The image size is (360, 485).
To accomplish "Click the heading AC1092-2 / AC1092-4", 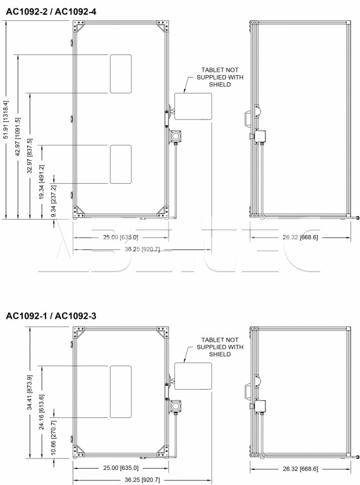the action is pyautogui.click(x=51, y=11).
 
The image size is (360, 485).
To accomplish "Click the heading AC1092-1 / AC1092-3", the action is pyautogui.click(x=51, y=316).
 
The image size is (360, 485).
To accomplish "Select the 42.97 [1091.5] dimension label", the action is pyautogui.click(x=18, y=136).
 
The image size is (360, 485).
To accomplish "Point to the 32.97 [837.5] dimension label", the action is pyautogui.click(x=30, y=155).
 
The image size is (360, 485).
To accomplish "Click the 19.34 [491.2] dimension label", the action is pyautogui.click(x=42, y=182).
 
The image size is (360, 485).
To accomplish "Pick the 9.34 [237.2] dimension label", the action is pyautogui.click(x=54, y=201).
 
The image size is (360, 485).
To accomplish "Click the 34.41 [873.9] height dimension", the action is pyautogui.click(x=30, y=393).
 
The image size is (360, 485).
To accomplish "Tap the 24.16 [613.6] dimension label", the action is pyautogui.click(x=42, y=412).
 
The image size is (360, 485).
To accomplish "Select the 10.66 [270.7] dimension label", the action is pyautogui.click(x=54, y=438).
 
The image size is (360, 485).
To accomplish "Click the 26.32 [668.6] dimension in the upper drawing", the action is pyautogui.click(x=300, y=237).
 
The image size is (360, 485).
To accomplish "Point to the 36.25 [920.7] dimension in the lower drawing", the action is pyautogui.click(x=142, y=480).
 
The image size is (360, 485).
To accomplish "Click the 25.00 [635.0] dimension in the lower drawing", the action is pyautogui.click(x=121, y=468).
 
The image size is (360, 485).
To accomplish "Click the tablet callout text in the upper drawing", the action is pyautogui.click(x=220, y=77).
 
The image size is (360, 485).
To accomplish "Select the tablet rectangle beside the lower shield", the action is pyautogui.click(x=193, y=376).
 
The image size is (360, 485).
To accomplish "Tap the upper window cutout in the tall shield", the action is pyautogui.click(x=121, y=74).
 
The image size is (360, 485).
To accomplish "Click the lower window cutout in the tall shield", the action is pyautogui.click(x=121, y=164).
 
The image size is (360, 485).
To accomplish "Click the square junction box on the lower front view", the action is pyautogui.click(x=176, y=405).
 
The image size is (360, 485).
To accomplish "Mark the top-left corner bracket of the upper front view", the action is pyautogui.click(x=78, y=27).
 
